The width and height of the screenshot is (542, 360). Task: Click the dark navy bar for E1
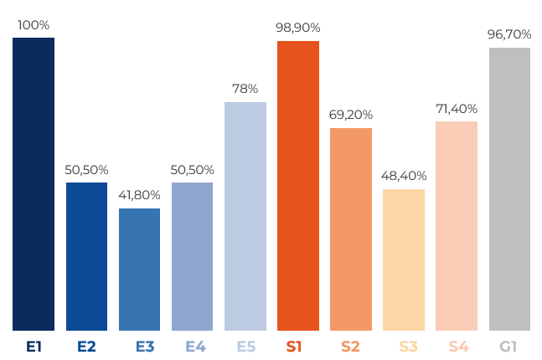coord(34,184)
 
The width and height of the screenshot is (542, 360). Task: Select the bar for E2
coord(87,256)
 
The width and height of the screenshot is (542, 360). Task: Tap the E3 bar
coord(139,270)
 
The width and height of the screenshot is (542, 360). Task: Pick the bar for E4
coord(192,256)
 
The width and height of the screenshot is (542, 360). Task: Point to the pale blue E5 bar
coord(245,216)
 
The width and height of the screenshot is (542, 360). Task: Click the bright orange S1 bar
coord(298,186)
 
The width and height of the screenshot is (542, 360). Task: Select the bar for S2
coord(351,229)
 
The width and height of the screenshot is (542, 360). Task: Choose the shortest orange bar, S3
coord(404,260)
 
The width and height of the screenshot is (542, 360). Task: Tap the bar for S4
coord(457,226)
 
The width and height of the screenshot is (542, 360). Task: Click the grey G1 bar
coord(509,189)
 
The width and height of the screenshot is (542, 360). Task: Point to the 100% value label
coord(34,25)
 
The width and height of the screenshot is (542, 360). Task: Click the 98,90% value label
coord(298,28)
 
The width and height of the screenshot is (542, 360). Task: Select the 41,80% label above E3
coord(139,195)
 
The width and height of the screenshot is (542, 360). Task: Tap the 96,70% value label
coord(509,34)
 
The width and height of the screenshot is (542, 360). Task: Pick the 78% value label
coord(245,89)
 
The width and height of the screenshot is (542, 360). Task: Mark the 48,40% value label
coord(404,176)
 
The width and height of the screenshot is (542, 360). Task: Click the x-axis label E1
coord(34,346)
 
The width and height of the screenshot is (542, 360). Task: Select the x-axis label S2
coord(350,346)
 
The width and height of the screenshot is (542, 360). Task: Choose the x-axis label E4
coord(195,346)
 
